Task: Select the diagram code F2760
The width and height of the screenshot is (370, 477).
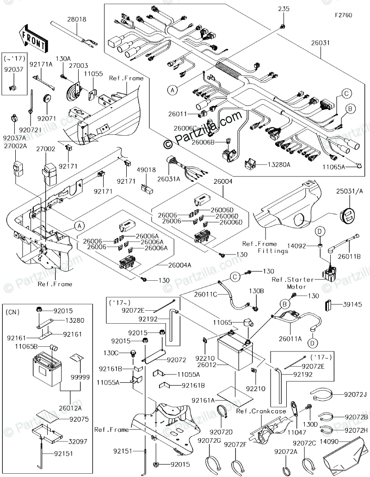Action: point(344,15)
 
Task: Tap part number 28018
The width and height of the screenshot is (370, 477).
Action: point(76,19)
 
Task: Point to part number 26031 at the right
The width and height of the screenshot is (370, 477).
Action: point(320,43)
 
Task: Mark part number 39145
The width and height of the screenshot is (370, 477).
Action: point(353,304)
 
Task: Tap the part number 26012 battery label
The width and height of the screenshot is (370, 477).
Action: point(209,364)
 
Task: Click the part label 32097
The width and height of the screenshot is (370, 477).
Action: point(77,441)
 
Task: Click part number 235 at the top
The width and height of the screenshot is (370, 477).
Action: point(282,9)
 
